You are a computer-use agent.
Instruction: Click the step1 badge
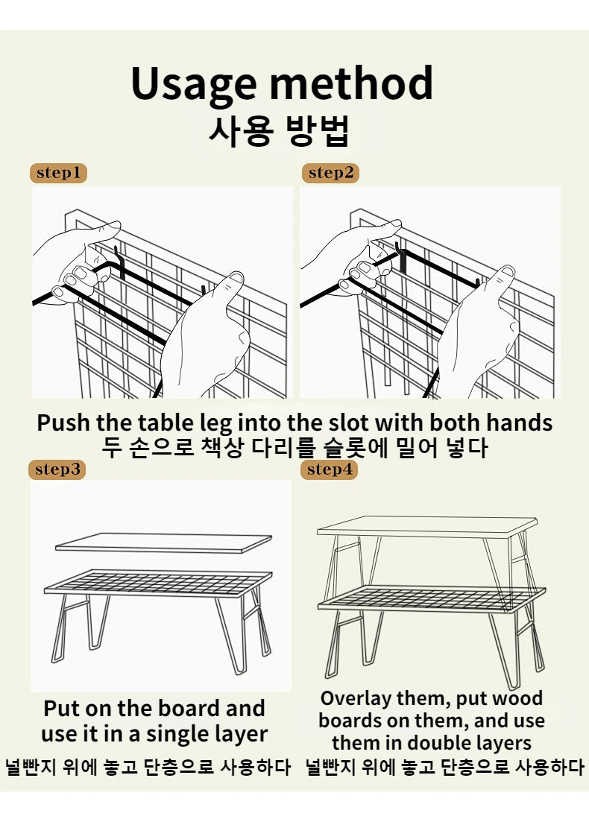click(x=59, y=174)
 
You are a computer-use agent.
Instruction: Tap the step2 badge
click(x=330, y=174)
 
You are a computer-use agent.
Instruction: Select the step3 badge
click(x=57, y=469)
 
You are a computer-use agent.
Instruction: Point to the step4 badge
click(x=329, y=469)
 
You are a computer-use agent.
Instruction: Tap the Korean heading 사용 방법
click(x=279, y=133)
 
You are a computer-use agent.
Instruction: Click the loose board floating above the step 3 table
click(x=164, y=542)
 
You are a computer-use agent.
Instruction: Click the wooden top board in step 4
click(x=426, y=525)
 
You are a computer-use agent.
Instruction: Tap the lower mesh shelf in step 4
click(x=431, y=598)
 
